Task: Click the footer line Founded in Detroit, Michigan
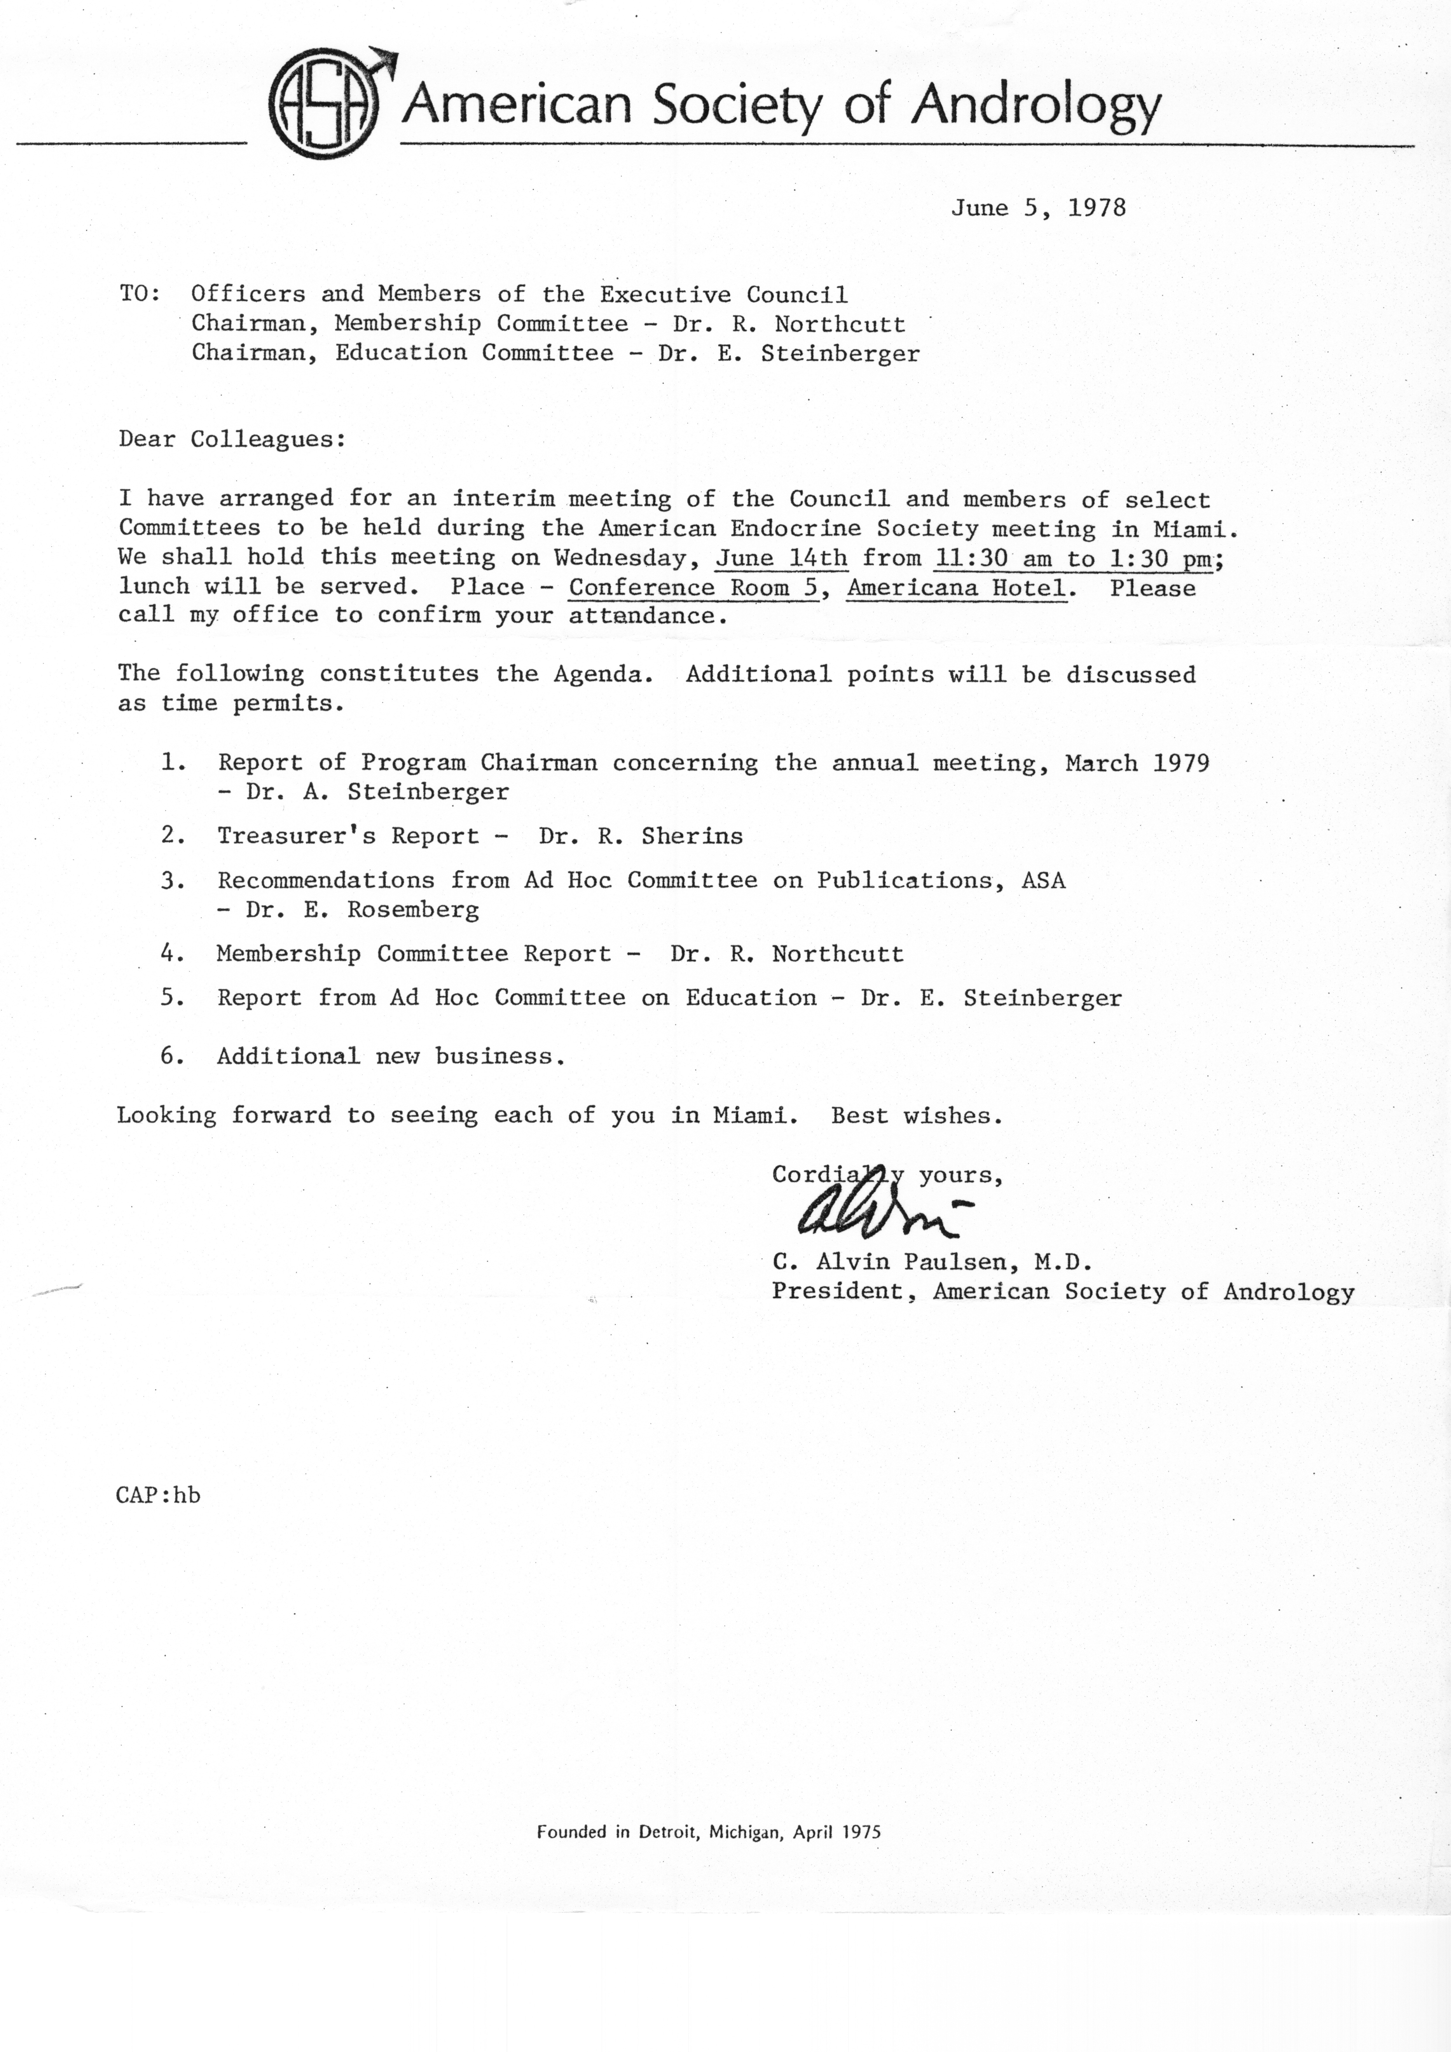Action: click(x=708, y=1831)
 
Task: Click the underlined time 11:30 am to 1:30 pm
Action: click(x=1073, y=559)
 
